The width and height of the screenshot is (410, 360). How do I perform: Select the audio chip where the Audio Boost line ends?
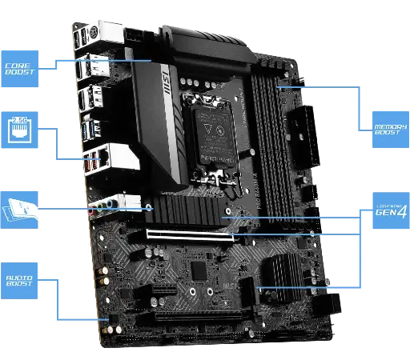click(113, 319)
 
